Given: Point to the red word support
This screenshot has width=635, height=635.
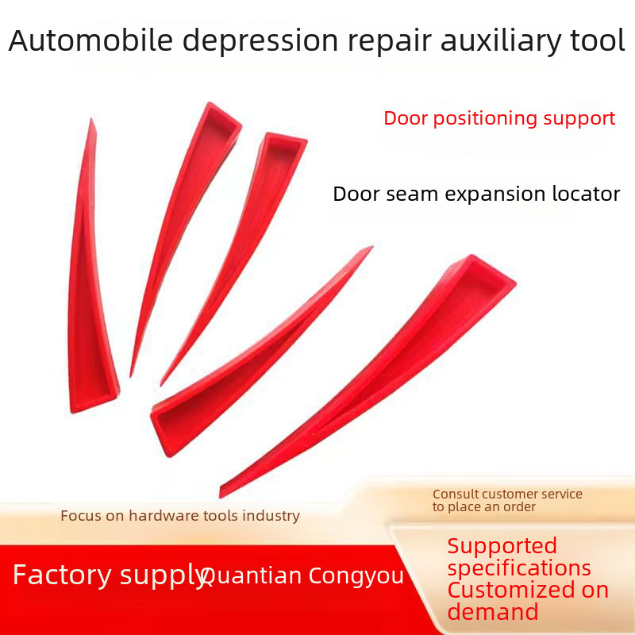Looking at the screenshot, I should coord(579,118).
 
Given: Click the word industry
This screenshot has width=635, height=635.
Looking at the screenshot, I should coord(271,516).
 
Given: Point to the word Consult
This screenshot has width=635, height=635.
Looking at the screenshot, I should coord(455,495).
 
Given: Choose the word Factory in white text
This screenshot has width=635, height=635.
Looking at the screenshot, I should coord(60,575).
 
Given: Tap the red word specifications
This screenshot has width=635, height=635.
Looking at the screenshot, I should coord(519,568).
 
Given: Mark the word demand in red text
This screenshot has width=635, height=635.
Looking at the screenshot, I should coord(492,612).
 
